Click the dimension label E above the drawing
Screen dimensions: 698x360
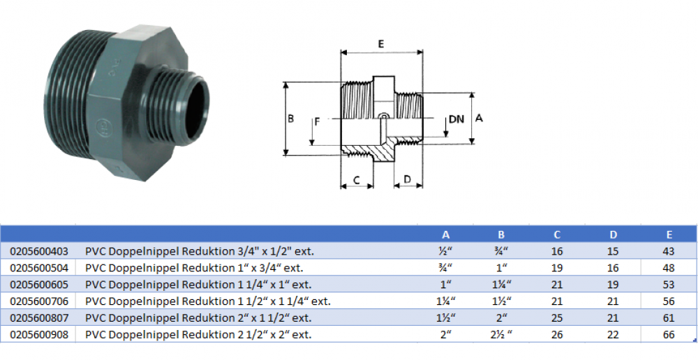pos(381,44)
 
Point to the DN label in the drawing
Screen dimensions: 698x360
pos(456,119)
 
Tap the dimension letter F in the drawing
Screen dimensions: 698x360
pos(317,121)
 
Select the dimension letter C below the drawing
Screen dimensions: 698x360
pos(356,179)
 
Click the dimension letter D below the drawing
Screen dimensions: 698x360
pos(408,179)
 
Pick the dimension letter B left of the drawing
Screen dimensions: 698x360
pos(290,119)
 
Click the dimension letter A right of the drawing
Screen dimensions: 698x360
pos(479,118)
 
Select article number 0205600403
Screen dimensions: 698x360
pos(39,251)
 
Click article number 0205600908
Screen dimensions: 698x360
pos(39,335)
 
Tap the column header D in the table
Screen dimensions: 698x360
pos(614,235)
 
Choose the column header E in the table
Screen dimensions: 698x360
pos(669,235)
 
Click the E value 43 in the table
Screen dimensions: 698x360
pos(669,251)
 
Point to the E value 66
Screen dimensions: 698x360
pos(669,335)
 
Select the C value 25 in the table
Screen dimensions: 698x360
pos(557,318)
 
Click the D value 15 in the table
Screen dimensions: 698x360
pos(613,251)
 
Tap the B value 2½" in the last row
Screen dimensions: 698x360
pos(500,335)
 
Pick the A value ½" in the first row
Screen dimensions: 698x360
pos(445,251)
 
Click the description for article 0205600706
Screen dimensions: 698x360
pos(208,301)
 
